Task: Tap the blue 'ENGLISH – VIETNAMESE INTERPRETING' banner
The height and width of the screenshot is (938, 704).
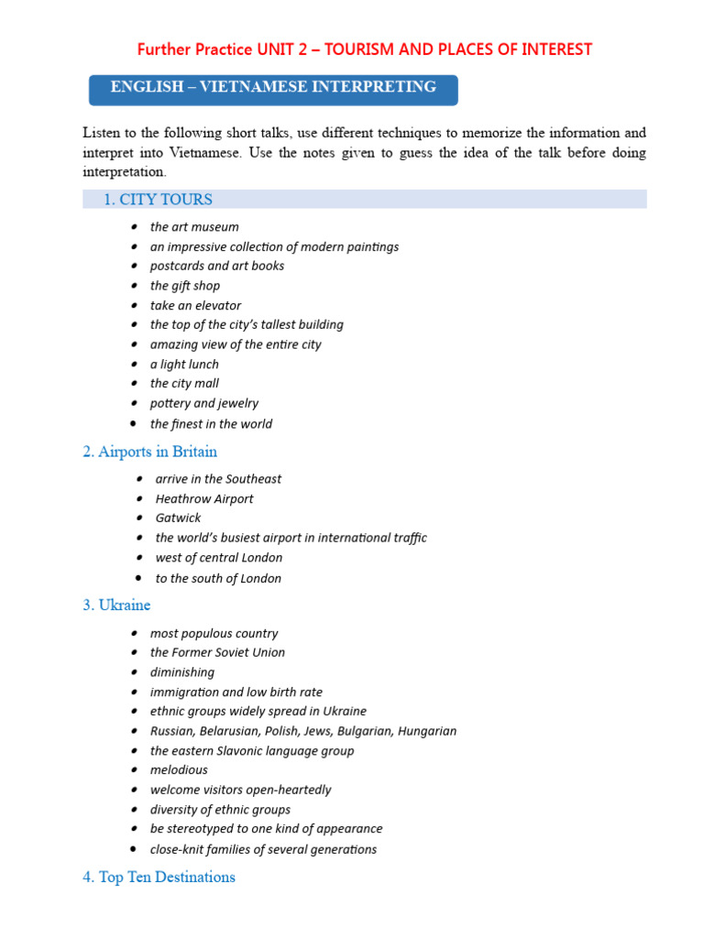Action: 273,88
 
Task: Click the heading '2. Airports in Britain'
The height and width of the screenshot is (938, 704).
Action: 150,452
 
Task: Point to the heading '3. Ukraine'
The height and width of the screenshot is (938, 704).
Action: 116,605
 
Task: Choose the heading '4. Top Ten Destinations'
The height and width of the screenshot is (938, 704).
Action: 159,878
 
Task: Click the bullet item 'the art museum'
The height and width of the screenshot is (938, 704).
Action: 194,227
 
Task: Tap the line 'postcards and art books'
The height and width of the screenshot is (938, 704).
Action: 217,266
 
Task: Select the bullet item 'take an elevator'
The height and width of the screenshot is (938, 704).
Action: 195,305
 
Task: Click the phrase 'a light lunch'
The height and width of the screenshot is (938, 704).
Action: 184,365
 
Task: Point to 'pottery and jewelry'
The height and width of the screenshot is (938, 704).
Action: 204,403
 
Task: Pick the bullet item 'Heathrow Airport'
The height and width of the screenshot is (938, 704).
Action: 204,499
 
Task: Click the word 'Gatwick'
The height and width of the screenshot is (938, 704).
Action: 178,518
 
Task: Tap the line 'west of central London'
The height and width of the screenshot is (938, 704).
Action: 219,558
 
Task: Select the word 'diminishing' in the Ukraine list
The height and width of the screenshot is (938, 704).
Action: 182,672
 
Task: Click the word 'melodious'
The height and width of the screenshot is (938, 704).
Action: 179,770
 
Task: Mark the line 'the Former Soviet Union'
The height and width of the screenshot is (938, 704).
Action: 217,653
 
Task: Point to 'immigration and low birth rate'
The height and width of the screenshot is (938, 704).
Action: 236,693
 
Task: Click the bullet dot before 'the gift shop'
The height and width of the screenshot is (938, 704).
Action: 134,286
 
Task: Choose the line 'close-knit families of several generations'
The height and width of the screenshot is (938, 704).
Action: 263,849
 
